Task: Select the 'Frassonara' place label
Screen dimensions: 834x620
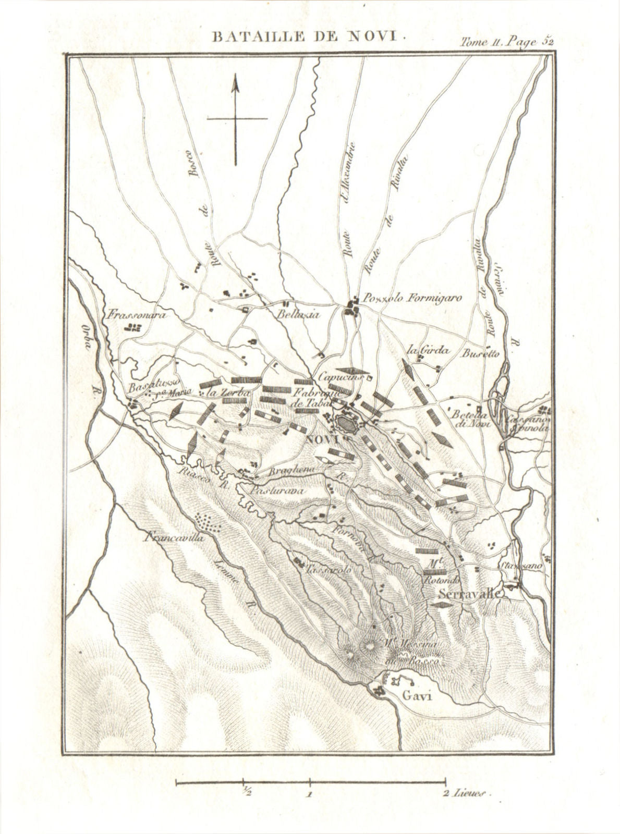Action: [130, 315]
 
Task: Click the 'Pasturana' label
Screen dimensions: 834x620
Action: [277, 490]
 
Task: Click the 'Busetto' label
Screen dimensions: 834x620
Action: [479, 352]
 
